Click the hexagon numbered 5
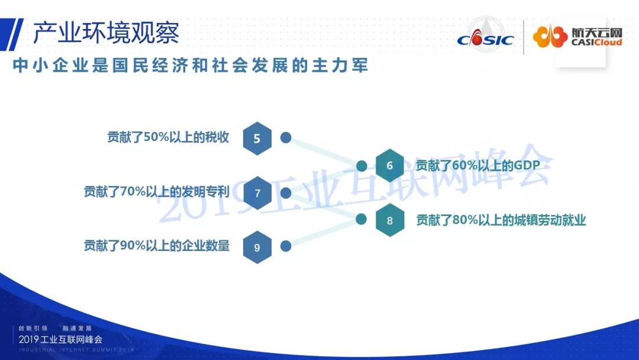[x=257, y=138]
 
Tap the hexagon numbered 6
[x=389, y=165]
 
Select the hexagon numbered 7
[x=257, y=193]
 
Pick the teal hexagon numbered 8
[x=389, y=220]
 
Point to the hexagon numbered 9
[x=257, y=247]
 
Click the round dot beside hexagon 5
[x=286, y=138]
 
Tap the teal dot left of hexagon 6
[x=362, y=166]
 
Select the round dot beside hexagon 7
[x=286, y=193]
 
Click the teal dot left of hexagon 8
[x=361, y=219]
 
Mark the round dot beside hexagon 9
[x=286, y=246]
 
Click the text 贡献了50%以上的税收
[x=168, y=137]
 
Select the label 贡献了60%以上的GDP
[x=477, y=166]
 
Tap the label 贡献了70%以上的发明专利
[x=157, y=192]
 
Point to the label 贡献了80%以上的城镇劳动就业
[x=501, y=220]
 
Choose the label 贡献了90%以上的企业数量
[x=157, y=246]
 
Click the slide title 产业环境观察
[x=106, y=33]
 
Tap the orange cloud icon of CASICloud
[x=550, y=36]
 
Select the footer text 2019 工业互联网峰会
[x=60, y=339]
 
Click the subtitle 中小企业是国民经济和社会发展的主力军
[x=191, y=65]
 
